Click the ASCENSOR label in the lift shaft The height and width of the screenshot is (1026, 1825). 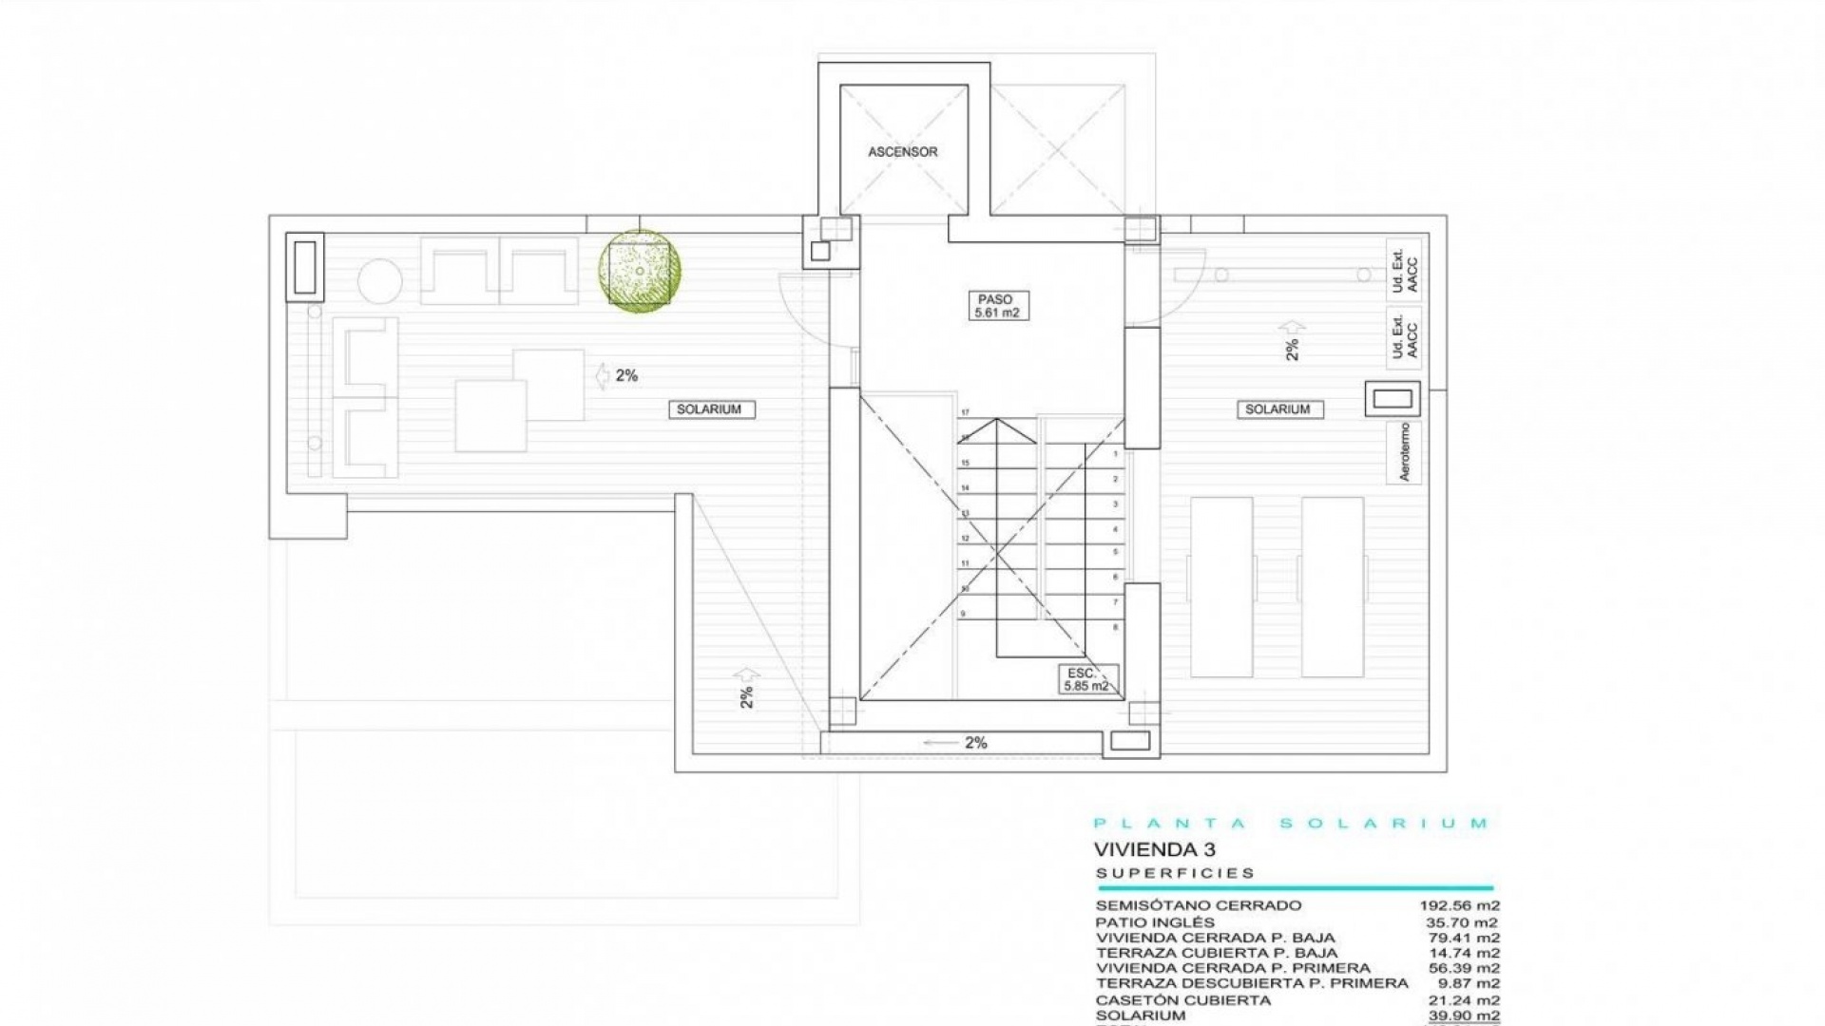click(x=902, y=152)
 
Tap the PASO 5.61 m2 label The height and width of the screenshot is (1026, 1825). click(x=995, y=306)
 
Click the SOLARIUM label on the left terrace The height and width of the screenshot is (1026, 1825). click(x=708, y=409)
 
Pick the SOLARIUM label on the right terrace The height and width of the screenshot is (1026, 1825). click(x=1277, y=409)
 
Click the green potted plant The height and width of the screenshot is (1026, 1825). click(x=640, y=271)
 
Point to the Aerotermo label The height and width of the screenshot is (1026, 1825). click(x=1405, y=452)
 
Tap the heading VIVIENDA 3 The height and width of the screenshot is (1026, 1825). click(x=1154, y=849)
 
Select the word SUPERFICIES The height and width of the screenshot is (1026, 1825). click(x=1175, y=873)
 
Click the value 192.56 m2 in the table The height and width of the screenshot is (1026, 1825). click(x=1459, y=906)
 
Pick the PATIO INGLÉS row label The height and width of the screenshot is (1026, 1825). click(x=1155, y=922)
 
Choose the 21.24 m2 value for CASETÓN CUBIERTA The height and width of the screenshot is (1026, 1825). click(x=1464, y=999)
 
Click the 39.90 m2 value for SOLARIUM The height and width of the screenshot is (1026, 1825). click(x=1464, y=1016)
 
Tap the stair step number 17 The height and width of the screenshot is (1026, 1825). click(x=965, y=412)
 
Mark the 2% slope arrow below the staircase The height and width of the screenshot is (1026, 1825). click(x=960, y=743)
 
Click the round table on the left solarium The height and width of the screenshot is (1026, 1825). click(x=378, y=280)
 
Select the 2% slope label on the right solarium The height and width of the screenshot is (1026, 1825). click(x=1292, y=349)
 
